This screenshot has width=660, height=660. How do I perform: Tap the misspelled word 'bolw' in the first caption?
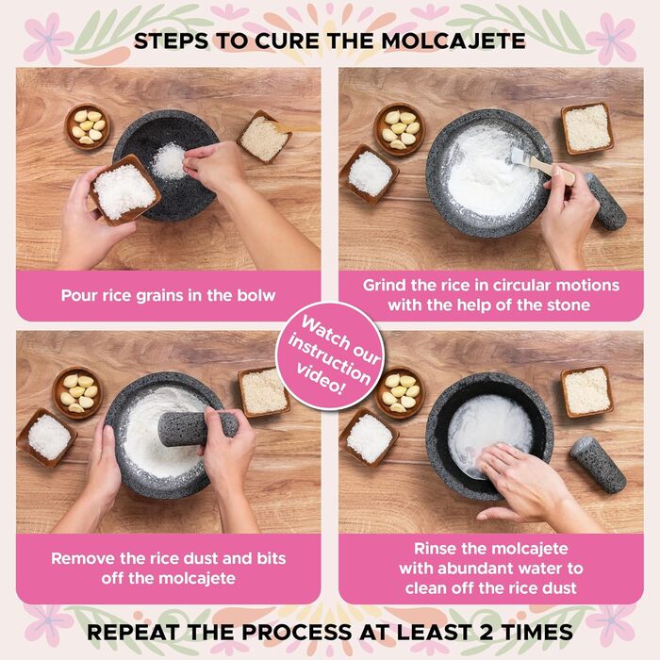click(x=256, y=295)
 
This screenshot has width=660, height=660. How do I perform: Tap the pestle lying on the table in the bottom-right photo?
click(x=597, y=463)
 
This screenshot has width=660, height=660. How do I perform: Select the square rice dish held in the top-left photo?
click(x=124, y=189)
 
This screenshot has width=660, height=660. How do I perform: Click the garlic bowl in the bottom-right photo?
click(x=400, y=391)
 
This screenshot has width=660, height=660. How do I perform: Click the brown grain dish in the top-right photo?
click(x=586, y=127)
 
